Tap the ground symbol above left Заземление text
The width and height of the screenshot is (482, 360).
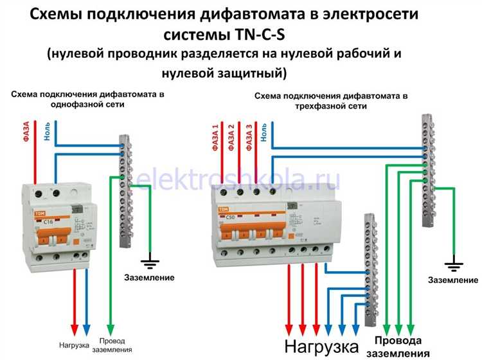[150, 262]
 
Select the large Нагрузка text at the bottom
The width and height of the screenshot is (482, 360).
[314, 347]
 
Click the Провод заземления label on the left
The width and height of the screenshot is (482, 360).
[116, 345]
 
